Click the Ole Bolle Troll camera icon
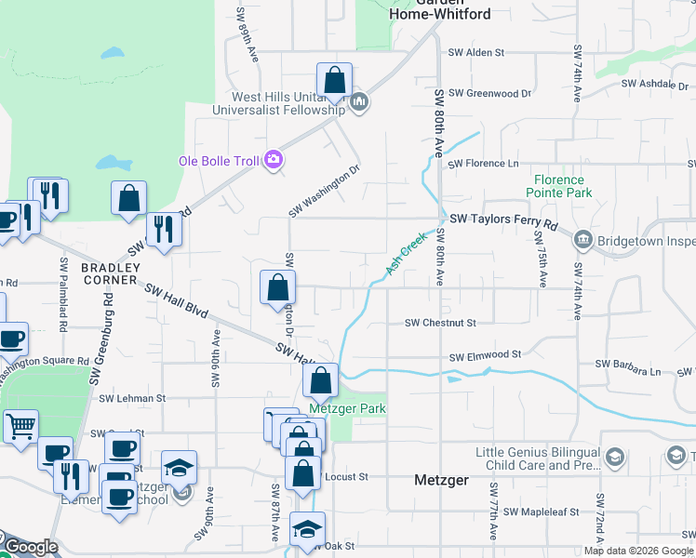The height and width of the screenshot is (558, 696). coord(273,160)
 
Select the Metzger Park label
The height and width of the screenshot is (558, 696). coord(347,408)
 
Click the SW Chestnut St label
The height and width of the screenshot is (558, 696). coord(440,323)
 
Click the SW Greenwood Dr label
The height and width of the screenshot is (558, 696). coord(489,93)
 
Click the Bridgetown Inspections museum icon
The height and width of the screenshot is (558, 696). coord(582,239)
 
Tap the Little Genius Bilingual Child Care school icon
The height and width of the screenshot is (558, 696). coord(613,457)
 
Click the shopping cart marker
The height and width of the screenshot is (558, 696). coord(20,427)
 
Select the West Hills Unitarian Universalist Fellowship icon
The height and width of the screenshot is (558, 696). coord(359,101)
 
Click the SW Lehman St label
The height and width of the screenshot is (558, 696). coord(134,397)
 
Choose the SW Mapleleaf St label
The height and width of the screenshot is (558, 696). coord(541,511)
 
